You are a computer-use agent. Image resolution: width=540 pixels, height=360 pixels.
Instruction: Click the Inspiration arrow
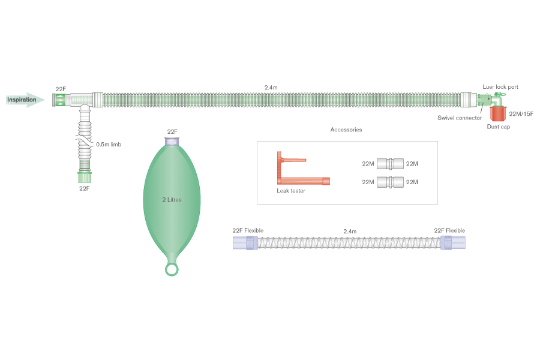click(24, 100)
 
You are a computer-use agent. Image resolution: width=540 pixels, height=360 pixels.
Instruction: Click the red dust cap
click(497, 113)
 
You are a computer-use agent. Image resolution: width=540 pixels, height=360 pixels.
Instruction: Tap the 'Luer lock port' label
click(500, 87)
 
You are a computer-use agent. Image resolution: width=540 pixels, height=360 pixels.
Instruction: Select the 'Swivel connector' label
click(459, 118)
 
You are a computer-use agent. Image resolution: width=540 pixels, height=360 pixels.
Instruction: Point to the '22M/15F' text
click(521, 113)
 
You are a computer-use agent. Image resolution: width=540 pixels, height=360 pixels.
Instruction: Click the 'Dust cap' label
click(498, 127)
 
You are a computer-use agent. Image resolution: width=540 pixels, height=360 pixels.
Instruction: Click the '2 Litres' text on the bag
click(172, 199)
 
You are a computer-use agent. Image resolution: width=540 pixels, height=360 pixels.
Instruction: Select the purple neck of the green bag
click(172, 142)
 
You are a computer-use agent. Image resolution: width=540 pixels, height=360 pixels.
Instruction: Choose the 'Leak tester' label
click(290, 191)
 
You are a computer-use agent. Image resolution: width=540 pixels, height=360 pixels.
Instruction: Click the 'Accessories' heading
click(346, 130)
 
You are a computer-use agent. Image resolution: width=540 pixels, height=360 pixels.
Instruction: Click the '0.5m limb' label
click(109, 144)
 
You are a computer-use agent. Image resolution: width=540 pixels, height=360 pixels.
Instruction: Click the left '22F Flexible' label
click(248, 230)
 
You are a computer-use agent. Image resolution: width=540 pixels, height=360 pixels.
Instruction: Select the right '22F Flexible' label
click(449, 230)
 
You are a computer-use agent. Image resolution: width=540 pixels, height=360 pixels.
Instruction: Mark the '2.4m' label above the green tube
click(271, 88)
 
